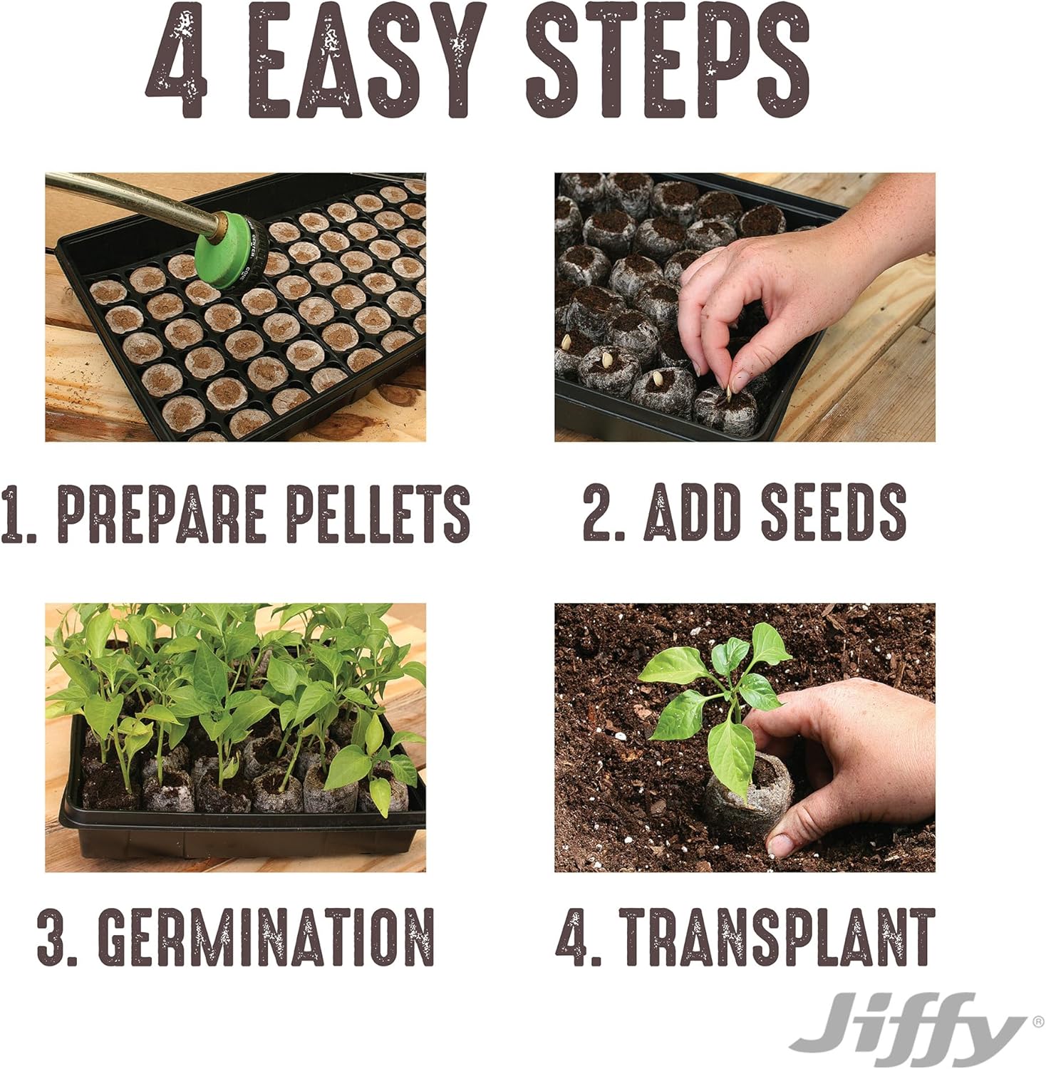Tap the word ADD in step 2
click(x=691, y=512)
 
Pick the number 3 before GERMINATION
click(x=52, y=936)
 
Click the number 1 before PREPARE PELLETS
click(x=11, y=513)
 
